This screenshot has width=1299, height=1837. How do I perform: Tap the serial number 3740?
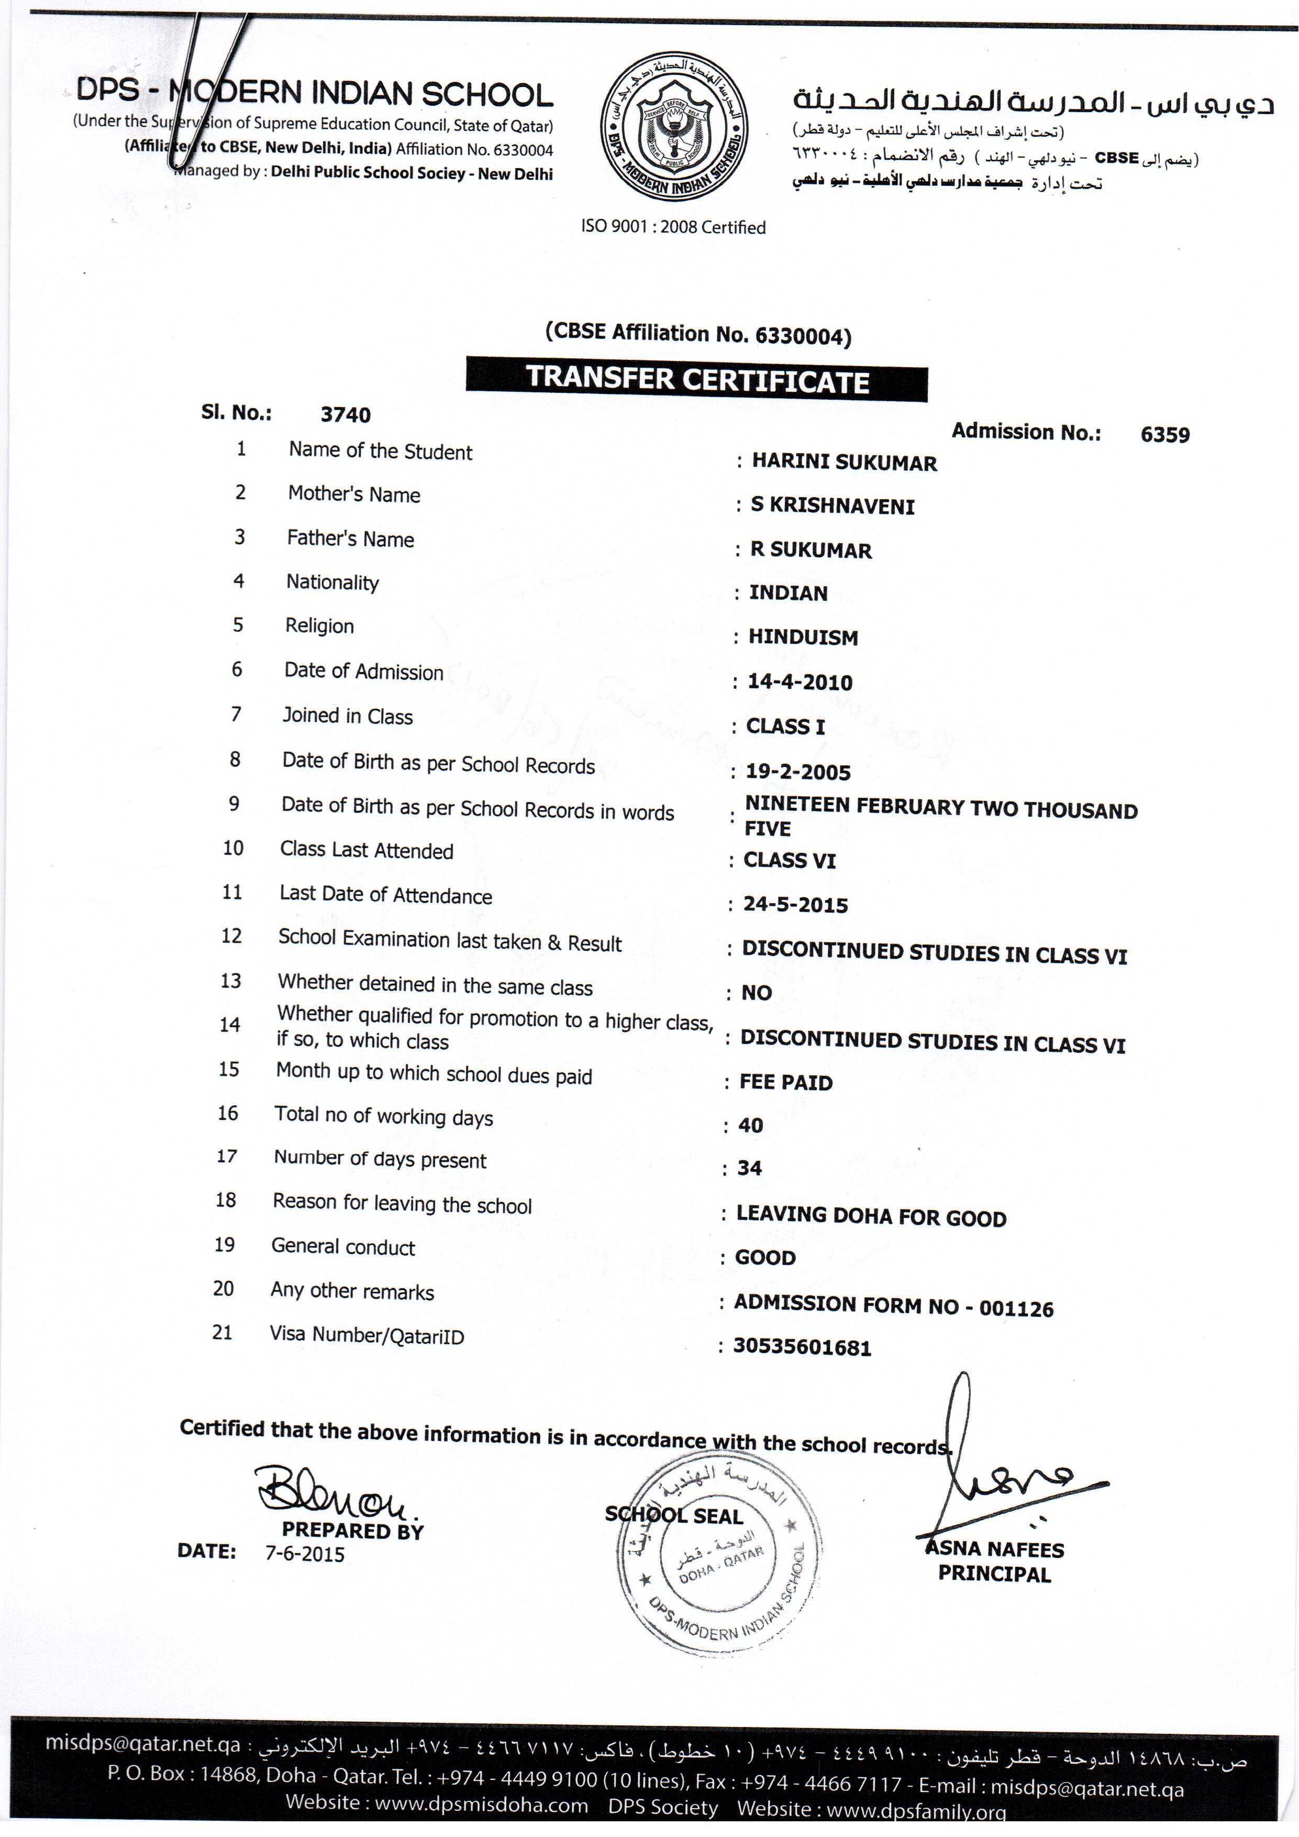346,414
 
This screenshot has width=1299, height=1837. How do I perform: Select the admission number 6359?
1164,434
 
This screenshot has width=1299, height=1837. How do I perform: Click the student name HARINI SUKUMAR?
844,463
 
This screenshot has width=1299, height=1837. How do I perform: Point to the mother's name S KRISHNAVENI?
832,505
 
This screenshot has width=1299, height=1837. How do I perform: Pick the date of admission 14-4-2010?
800,681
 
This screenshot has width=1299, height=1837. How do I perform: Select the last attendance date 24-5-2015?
795,905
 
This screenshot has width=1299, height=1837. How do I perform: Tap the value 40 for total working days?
750,1125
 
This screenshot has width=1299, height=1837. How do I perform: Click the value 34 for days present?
749,1168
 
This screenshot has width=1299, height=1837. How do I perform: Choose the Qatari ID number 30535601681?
802,1347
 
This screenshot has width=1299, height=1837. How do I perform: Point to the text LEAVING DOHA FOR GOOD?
871,1217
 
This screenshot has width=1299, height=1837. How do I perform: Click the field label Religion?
319,625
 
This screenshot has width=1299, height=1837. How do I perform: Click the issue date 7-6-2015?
305,1555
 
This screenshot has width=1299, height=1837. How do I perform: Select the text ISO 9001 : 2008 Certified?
673,227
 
